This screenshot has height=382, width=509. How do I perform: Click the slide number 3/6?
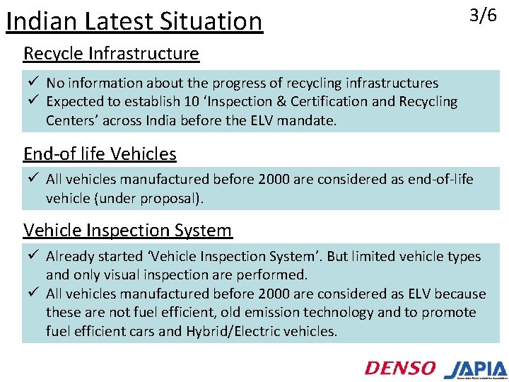pos(484,16)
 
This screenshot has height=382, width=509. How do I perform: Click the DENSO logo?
pos(400,367)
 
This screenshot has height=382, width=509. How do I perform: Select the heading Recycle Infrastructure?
pos(111,53)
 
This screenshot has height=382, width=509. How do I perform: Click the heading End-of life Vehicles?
pos(100,154)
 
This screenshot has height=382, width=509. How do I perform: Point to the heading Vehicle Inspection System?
pos(127,230)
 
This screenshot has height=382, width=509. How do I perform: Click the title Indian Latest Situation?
pos(134,21)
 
